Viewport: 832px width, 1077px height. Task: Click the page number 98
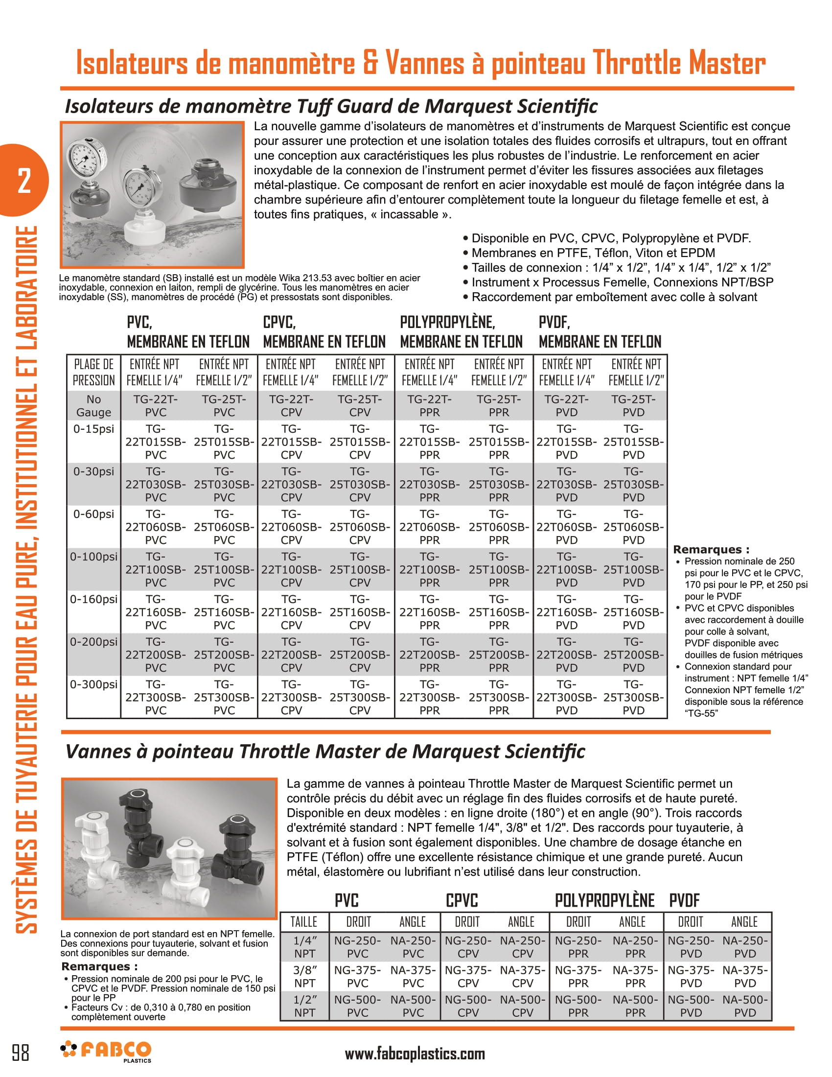pos(21,1053)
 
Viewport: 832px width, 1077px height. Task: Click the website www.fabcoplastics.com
pos(415,1054)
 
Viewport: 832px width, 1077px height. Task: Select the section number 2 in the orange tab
pos(23,181)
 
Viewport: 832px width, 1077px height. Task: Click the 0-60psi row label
pos(93,514)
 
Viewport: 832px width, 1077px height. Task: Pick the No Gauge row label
pos(93,406)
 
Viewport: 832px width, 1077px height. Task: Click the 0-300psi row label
pos(93,684)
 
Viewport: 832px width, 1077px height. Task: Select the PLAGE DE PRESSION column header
pos(93,373)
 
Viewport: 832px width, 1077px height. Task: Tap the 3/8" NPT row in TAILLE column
pos(304,977)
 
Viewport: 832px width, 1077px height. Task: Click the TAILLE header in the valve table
pos(303,922)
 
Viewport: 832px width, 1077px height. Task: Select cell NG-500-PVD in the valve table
pos(691,1006)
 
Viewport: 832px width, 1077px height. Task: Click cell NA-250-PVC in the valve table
pos(413,947)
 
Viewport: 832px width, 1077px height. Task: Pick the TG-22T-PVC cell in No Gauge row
pos(156,406)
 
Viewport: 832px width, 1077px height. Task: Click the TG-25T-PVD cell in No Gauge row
pos(633,406)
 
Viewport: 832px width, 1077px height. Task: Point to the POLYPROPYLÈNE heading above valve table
pos(604,900)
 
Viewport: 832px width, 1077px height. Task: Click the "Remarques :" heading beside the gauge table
pos(711,549)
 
